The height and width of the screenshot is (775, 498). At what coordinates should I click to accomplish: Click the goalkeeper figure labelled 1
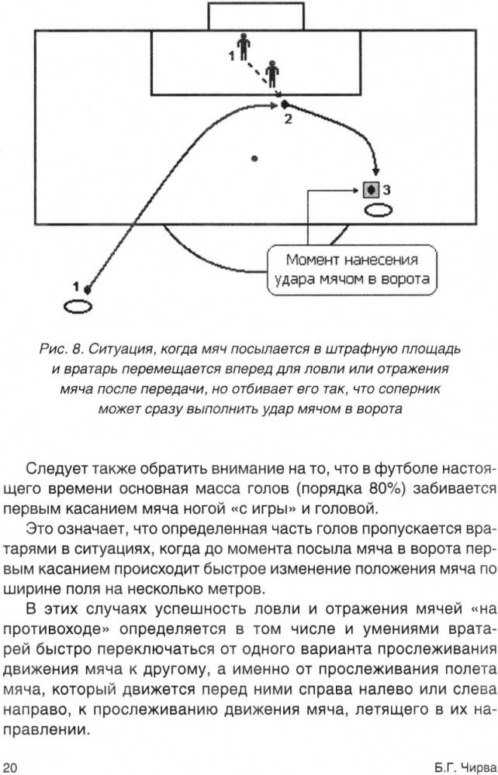243,47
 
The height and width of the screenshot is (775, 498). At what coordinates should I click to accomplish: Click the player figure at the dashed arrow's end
271,74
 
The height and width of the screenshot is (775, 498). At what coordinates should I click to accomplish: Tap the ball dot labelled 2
285,105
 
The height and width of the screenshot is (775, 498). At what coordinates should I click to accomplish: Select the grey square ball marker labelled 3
371,189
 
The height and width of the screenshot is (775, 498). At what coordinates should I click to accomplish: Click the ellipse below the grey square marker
379,211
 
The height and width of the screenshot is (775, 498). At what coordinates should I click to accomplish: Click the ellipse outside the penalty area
78,307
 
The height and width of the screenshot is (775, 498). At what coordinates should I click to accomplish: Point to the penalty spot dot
254,159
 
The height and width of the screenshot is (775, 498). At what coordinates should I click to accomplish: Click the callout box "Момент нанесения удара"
353,270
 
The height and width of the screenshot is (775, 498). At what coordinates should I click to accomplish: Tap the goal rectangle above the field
256,16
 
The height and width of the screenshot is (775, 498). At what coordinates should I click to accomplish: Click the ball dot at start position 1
88,289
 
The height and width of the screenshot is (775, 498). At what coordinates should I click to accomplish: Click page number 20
9,767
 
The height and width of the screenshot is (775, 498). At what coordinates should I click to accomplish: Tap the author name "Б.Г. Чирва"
465,767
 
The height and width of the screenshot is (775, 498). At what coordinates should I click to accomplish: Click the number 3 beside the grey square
387,189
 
